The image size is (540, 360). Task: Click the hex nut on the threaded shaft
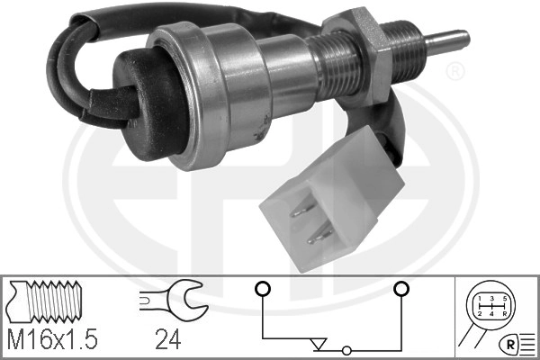(x=358, y=55)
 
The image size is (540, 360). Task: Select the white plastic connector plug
(x=331, y=200)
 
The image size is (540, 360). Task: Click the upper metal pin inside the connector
(x=303, y=209)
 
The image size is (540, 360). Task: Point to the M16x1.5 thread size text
(x=53, y=339)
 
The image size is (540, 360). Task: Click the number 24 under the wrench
(x=167, y=339)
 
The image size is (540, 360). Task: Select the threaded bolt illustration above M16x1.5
(x=46, y=301)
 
